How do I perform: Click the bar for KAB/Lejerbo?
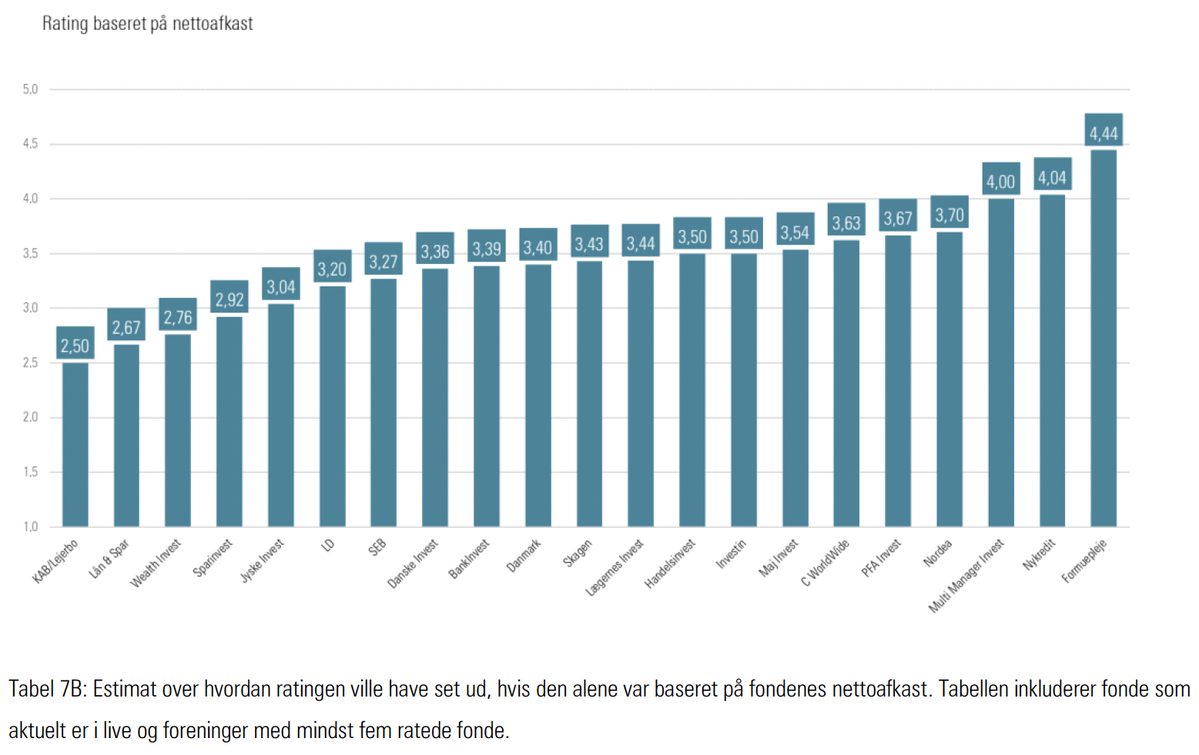75,444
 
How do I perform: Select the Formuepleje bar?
1104,338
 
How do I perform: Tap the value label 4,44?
1104,133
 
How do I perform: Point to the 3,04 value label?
281,287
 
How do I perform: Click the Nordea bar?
949,379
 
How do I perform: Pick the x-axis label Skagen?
578,553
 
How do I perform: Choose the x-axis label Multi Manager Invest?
966,576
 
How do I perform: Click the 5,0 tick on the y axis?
30,89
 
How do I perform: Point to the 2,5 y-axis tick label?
30,362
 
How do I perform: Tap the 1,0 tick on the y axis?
30,527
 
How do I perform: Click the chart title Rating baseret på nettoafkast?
147,24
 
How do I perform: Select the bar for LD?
333,406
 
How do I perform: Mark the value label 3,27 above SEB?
383,262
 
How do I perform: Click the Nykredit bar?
1052,360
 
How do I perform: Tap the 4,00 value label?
1000,182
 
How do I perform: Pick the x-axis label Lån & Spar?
109,559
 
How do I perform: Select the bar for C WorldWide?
846,383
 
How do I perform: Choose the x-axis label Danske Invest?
413,563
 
